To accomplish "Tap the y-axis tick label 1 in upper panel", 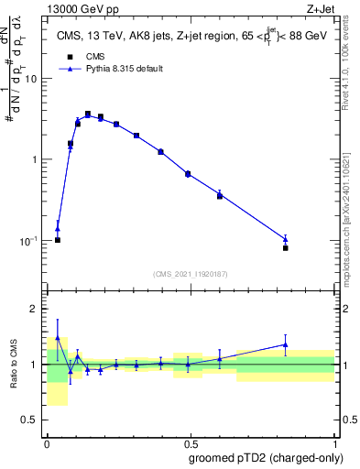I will click(x=36, y=159).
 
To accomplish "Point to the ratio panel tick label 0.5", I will click(x=31, y=420).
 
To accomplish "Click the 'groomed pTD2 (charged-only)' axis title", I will click(x=267, y=457).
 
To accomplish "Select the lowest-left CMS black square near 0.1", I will click(x=58, y=240).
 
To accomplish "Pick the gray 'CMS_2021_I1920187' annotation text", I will click(x=191, y=274).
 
